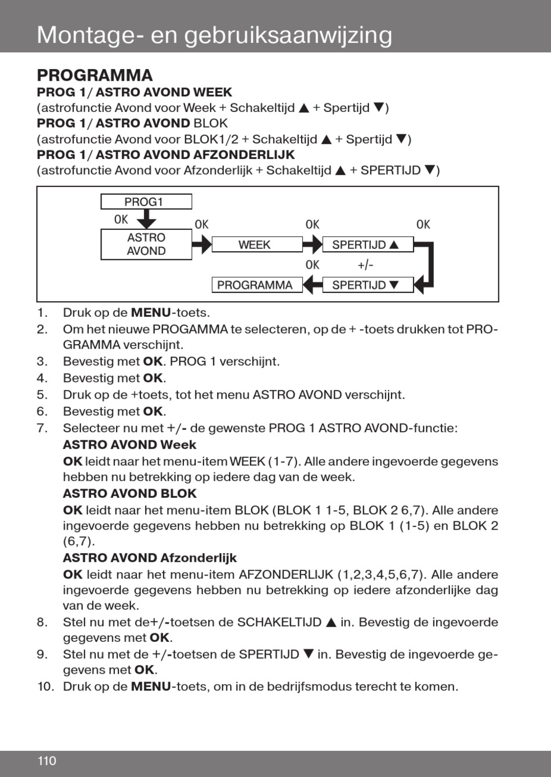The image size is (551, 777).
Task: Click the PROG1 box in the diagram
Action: click(x=146, y=202)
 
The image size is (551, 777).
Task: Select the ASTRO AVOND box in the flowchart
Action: click(x=146, y=244)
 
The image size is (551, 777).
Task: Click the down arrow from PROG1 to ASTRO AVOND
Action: click(x=149, y=219)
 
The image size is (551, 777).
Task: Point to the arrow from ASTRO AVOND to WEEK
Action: click(x=201, y=245)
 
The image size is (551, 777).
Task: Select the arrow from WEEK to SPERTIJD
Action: click(x=312, y=245)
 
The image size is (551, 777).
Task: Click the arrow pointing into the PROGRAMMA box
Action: click(x=312, y=285)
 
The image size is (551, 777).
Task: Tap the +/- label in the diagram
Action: click(x=365, y=265)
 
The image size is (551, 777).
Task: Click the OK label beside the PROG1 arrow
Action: click(x=121, y=219)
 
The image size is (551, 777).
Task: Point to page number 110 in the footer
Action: click(x=47, y=761)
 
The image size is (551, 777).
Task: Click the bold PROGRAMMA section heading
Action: click(x=95, y=75)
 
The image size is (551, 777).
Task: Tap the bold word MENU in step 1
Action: click(x=151, y=313)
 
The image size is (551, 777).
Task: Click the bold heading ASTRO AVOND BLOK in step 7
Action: click(x=129, y=494)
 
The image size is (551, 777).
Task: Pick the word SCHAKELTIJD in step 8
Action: click(x=279, y=623)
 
